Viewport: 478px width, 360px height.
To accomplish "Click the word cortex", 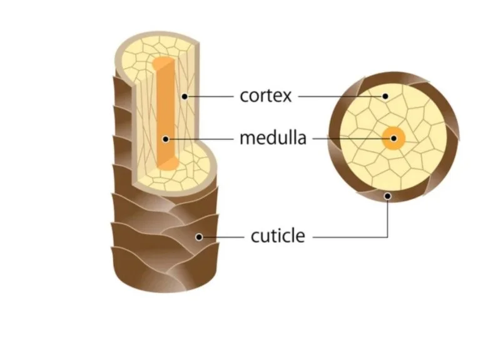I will (265, 96).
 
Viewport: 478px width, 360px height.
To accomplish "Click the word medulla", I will (273, 138).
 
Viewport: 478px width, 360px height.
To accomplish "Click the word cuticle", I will (278, 237).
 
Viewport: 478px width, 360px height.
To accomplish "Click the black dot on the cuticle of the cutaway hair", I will (198, 237).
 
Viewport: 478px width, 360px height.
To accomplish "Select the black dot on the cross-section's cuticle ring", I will (388, 196).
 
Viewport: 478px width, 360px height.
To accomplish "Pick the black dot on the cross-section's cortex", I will (385, 96).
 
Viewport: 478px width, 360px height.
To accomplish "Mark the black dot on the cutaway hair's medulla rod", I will (166, 138).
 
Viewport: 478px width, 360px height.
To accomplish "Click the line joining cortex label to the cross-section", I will (341, 96).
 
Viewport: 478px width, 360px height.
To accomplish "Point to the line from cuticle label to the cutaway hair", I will (222, 237).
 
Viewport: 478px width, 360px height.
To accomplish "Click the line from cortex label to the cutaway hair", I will (210, 96).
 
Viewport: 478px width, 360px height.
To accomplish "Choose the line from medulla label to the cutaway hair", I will (200, 138).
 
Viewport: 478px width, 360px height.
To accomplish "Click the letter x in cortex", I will (288, 96).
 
